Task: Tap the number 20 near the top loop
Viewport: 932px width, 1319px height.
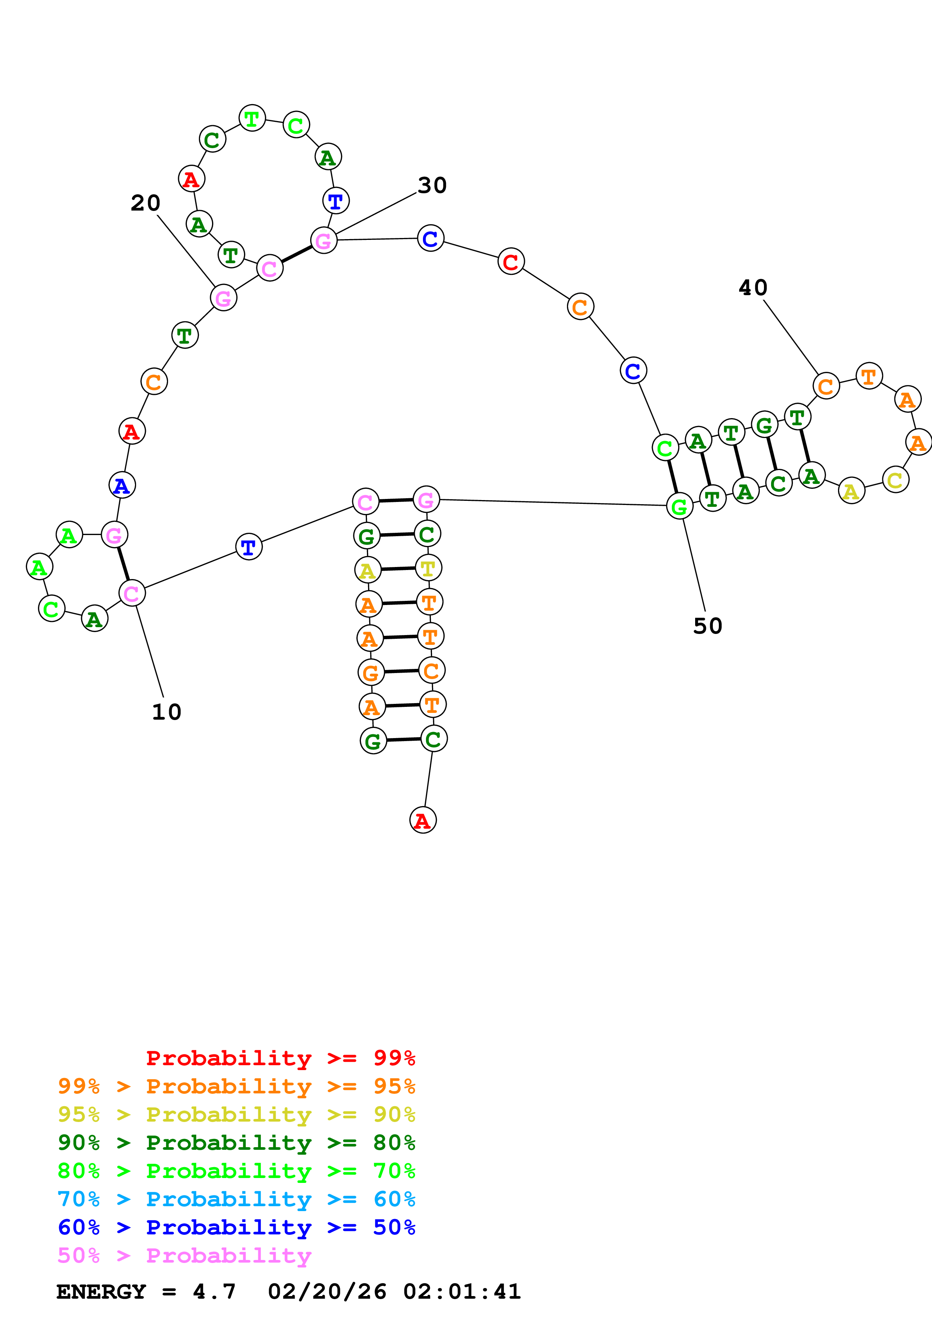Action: pos(145,203)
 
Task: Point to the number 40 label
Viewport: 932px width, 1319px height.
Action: pos(753,288)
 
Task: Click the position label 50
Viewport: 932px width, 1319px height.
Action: pos(708,626)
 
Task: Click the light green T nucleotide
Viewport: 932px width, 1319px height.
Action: pos(252,119)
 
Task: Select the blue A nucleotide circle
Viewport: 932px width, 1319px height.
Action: pos(122,485)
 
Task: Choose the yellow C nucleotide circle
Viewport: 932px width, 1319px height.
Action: pos(895,480)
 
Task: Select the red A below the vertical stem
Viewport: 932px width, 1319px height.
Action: pos(423,820)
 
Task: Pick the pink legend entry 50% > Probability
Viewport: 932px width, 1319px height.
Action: pos(184,1256)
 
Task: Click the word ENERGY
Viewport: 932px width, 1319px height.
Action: pos(101,1292)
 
